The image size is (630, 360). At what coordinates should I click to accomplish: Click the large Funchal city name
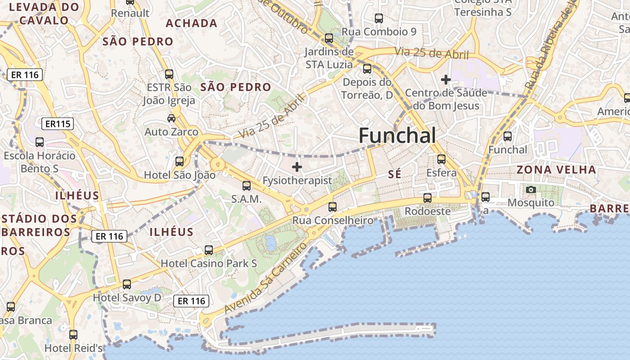click(397, 135)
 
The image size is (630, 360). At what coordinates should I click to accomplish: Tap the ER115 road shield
click(58, 124)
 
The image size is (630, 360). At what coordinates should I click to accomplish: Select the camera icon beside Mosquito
click(531, 189)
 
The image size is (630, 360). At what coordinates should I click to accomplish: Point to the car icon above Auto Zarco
click(171, 118)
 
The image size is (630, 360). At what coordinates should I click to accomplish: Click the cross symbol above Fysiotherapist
click(297, 167)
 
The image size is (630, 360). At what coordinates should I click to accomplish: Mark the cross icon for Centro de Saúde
click(446, 80)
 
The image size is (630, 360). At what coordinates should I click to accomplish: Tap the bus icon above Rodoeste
click(427, 198)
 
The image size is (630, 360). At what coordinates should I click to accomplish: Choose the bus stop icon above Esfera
click(441, 159)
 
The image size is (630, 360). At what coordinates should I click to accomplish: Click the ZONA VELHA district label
click(556, 170)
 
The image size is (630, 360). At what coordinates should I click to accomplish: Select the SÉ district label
click(394, 174)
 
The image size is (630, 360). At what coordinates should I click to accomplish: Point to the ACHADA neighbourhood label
click(191, 23)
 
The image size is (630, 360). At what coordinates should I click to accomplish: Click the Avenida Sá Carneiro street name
click(265, 279)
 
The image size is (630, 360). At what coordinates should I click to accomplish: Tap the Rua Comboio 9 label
click(379, 31)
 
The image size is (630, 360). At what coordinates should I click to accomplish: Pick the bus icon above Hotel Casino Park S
click(209, 250)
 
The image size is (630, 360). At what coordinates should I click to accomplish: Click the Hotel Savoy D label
click(127, 297)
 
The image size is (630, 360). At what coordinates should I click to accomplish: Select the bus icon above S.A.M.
click(247, 186)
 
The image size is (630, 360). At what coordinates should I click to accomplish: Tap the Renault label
click(130, 13)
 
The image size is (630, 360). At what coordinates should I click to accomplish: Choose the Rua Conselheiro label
click(333, 220)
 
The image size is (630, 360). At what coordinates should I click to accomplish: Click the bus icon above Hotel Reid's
click(73, 335)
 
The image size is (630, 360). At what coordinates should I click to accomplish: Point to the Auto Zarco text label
click(171, 132)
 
